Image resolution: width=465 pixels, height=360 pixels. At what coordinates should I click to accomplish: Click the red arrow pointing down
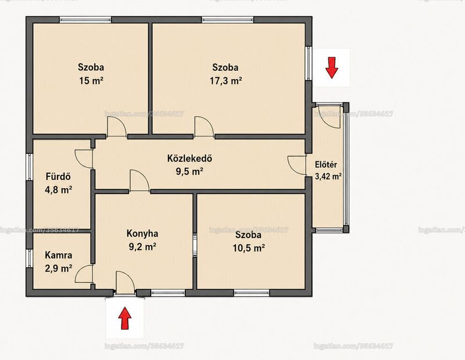[x=331, y=68]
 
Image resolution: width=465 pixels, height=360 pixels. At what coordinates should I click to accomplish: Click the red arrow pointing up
[x=125, y=318]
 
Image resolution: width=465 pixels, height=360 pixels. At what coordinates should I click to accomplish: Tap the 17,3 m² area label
[x=226, y=81]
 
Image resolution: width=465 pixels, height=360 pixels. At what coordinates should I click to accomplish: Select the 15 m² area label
[x=91, y=80]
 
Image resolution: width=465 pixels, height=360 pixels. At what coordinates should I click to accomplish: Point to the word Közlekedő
[x=189, y=158]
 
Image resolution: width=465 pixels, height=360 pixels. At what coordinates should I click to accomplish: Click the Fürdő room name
[x=58, y=177]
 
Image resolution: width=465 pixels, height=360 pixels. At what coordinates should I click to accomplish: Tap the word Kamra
[x=59, y=255]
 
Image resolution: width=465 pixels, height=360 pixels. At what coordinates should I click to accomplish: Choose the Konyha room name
[x=142, y=233]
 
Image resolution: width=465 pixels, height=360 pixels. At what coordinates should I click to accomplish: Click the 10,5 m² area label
[x=249, y=248]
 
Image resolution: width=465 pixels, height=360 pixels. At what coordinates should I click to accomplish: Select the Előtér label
[x=326, y=164]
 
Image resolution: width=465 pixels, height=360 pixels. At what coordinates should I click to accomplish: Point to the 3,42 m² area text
[x=328, y=177]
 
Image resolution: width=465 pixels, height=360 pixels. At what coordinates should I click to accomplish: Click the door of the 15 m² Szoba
[x=117, y=127]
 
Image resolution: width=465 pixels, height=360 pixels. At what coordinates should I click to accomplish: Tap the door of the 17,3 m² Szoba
[x=204, y=127]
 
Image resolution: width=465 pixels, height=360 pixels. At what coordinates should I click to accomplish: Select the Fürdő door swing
[x=84, y=159]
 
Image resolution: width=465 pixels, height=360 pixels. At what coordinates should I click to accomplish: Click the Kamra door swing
[x=84, y=274]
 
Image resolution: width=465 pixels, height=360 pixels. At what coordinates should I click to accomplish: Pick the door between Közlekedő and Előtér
[x=297, y=165]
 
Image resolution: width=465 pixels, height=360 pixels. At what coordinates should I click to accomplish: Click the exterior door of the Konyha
[x=125, y=282]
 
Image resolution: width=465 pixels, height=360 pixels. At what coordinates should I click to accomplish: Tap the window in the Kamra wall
[x=30, y=258]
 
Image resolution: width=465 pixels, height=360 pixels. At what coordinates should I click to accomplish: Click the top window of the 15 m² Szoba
[x=85, y=20]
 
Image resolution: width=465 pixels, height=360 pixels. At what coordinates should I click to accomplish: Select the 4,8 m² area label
[x=59, y=190]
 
